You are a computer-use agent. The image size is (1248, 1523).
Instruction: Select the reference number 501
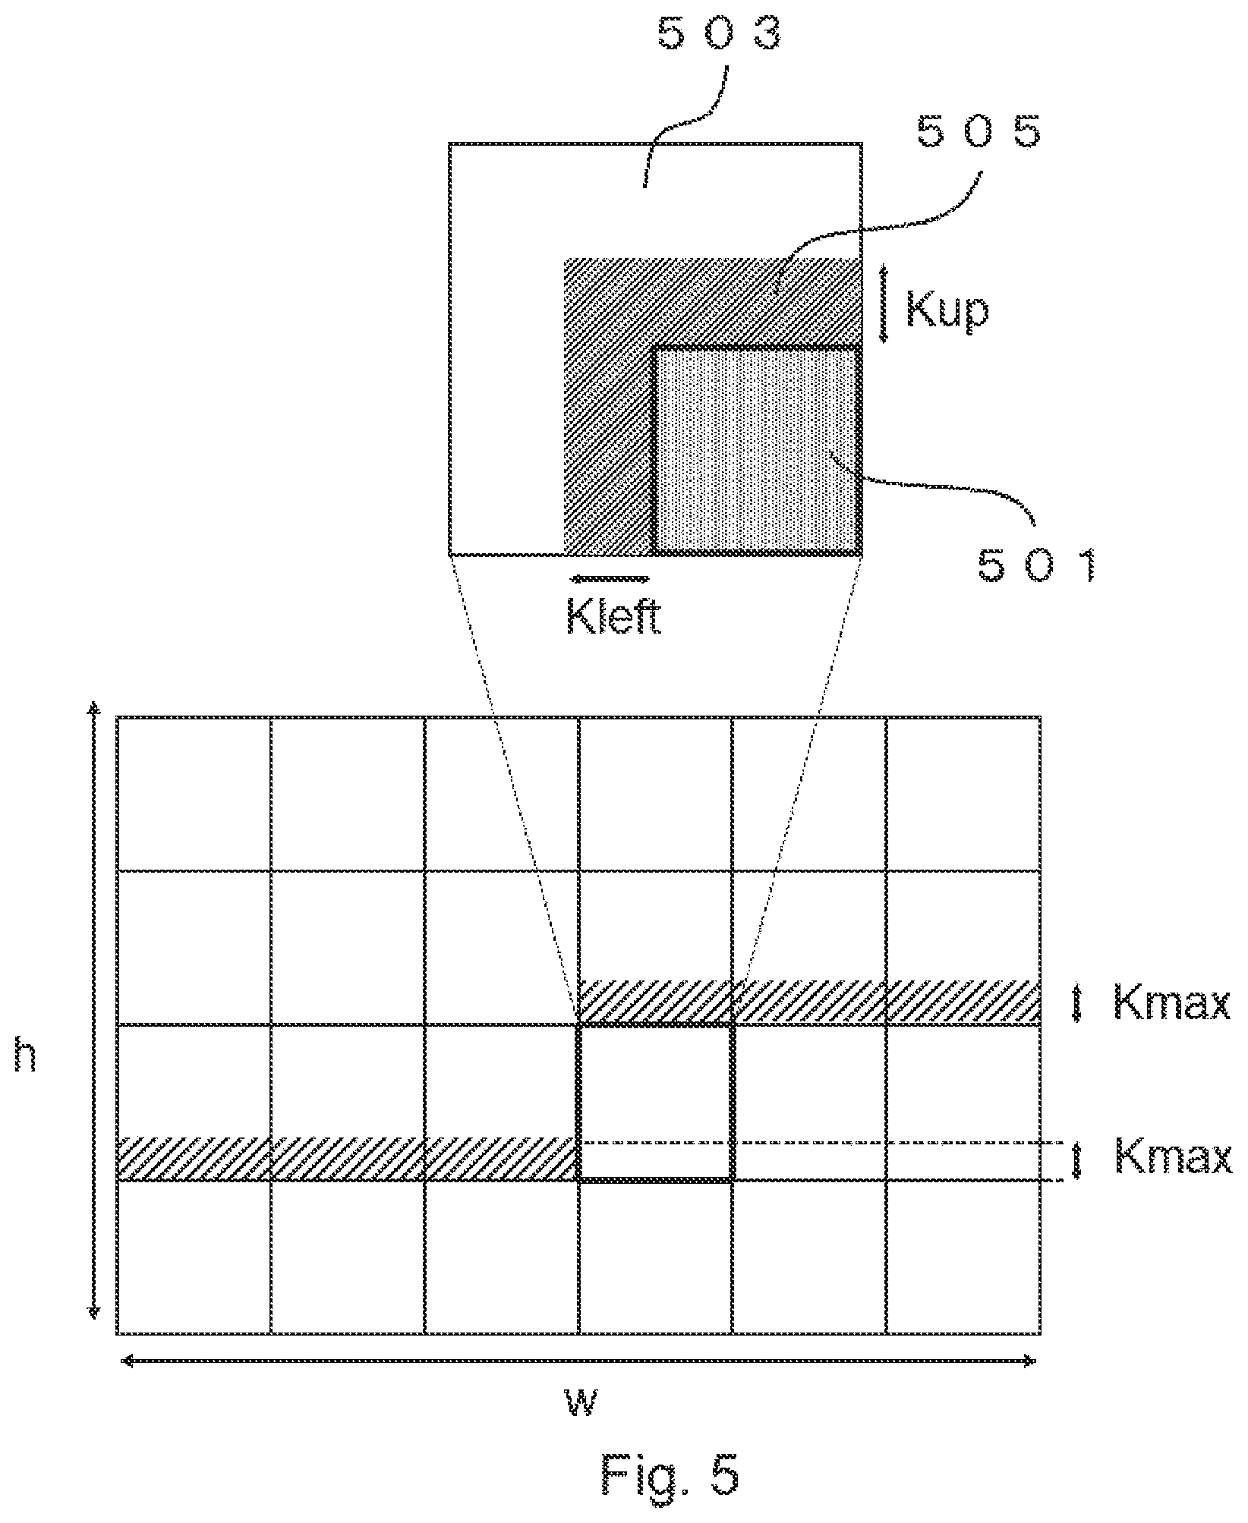pyautogui.click(x=1038, y=565)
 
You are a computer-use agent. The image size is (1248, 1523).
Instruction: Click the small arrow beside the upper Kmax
pyautogui.click(x=1076, y=1003)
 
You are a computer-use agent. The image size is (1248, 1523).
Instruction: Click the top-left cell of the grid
pyautogui.click(x=194, y=793)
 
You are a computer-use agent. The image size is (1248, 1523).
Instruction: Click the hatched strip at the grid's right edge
pyautogui.click(x=809, y=1003)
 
